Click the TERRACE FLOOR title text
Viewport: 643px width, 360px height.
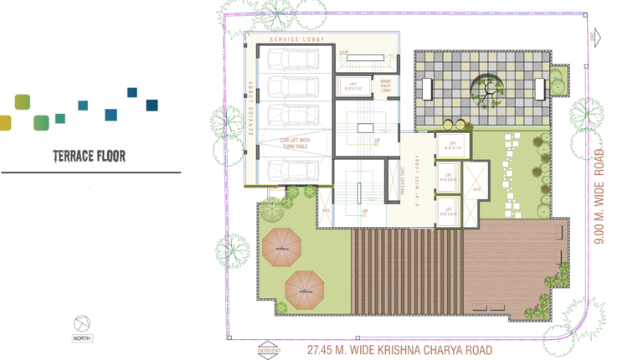90,156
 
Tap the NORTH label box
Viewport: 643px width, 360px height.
81,338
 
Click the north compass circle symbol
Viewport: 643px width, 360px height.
81,323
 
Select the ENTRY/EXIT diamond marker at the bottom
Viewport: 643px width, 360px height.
269,351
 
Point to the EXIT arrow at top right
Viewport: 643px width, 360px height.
595,37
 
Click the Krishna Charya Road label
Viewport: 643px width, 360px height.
399,350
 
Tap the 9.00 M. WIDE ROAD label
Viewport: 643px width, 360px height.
599,197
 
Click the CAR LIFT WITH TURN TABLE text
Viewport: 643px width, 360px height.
295,144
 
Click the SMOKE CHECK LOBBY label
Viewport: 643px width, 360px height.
385,85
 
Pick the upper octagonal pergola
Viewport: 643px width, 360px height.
282,248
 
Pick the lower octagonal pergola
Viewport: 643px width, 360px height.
305,291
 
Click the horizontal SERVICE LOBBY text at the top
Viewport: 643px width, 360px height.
297,39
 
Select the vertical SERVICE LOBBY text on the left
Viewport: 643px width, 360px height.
250,107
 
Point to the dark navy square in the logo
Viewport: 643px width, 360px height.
152,105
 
